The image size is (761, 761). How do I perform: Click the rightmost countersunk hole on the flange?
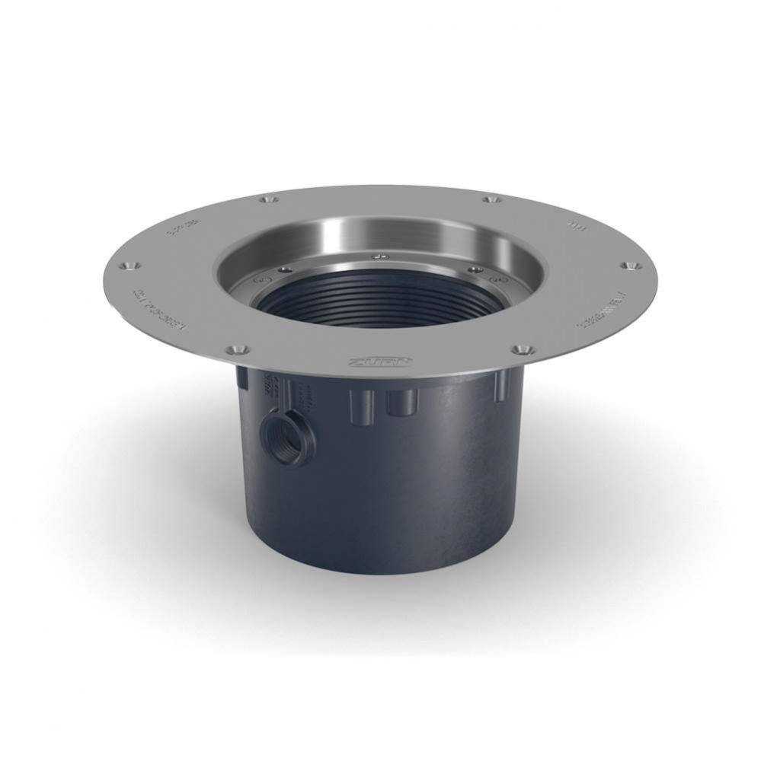pos(629,266)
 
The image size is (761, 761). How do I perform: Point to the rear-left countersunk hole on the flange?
pos(267,200)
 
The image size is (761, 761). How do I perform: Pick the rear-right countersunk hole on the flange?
pos(491,200)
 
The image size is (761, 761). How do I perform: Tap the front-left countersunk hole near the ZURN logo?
pos(238,349)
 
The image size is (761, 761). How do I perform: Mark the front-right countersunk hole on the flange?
pos(521,349)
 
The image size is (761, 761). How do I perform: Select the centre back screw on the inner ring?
pos(379,256)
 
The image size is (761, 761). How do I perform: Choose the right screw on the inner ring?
pos(475,269)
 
